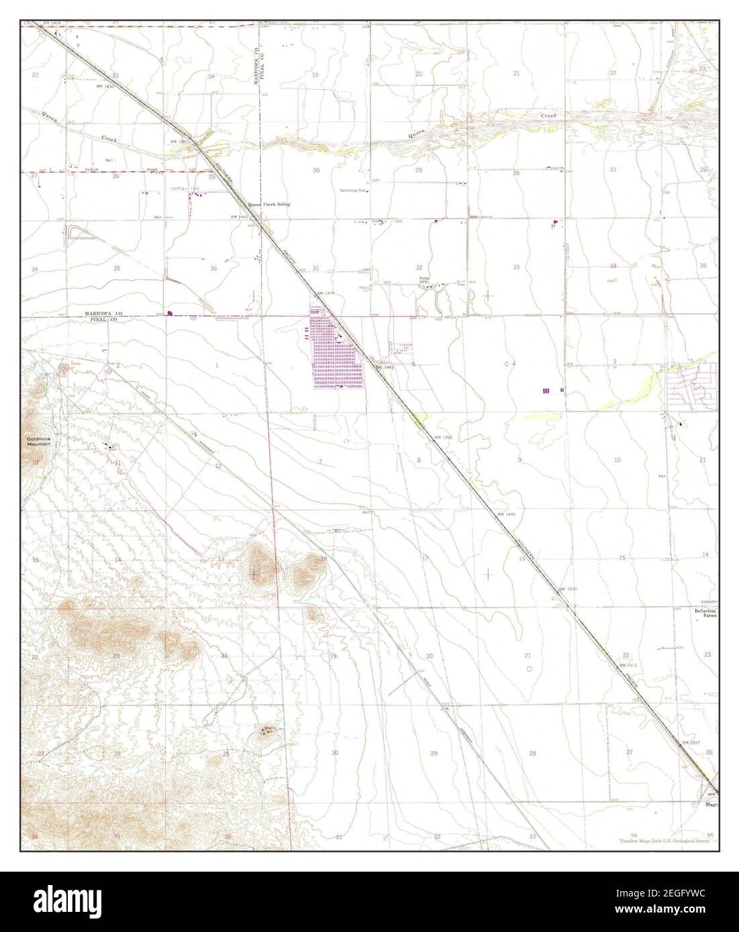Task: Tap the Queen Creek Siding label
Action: (x=269, y=204)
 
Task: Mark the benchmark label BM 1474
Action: (x=325, y=294)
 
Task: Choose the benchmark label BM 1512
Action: (x=628, y=664)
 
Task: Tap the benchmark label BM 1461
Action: (x=239, y=217)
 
